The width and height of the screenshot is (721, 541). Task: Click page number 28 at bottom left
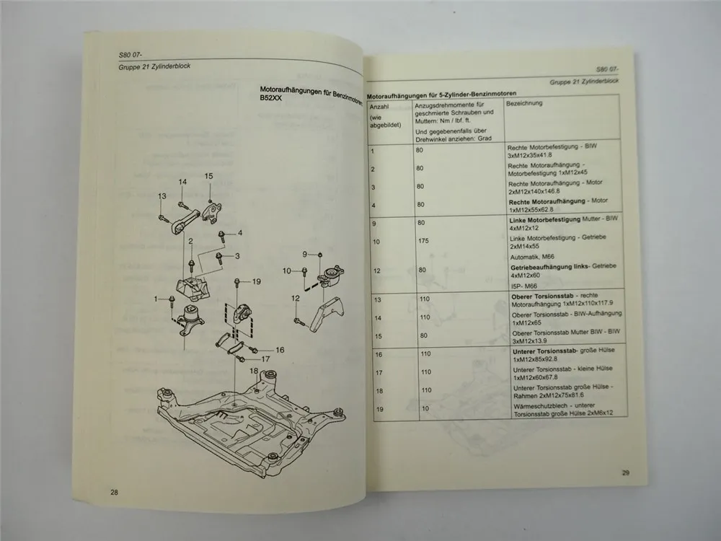114,492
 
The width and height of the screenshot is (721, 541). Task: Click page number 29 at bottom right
625,473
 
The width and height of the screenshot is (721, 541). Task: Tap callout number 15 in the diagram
209,176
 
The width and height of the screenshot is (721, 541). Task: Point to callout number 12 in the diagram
295,298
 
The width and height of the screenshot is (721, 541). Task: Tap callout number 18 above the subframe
253,371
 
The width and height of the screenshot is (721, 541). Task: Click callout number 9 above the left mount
306,254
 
